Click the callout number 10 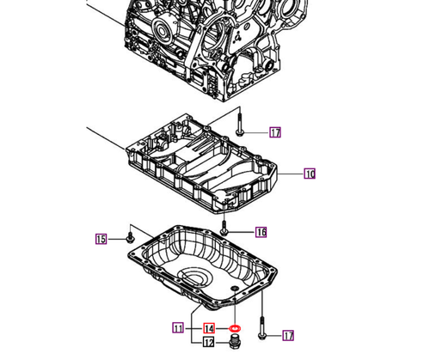coord(310,174)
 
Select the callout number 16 coord(261,232)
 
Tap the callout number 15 coord(101,239)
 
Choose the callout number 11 coord(179,327)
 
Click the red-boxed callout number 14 coord(208,328)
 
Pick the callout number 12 coord(208,343)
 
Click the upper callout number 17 coord(274,132)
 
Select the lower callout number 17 coord(288,335)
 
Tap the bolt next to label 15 coord(129,235)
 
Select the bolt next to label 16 coord(225,229)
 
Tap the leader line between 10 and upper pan coord(291,174)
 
